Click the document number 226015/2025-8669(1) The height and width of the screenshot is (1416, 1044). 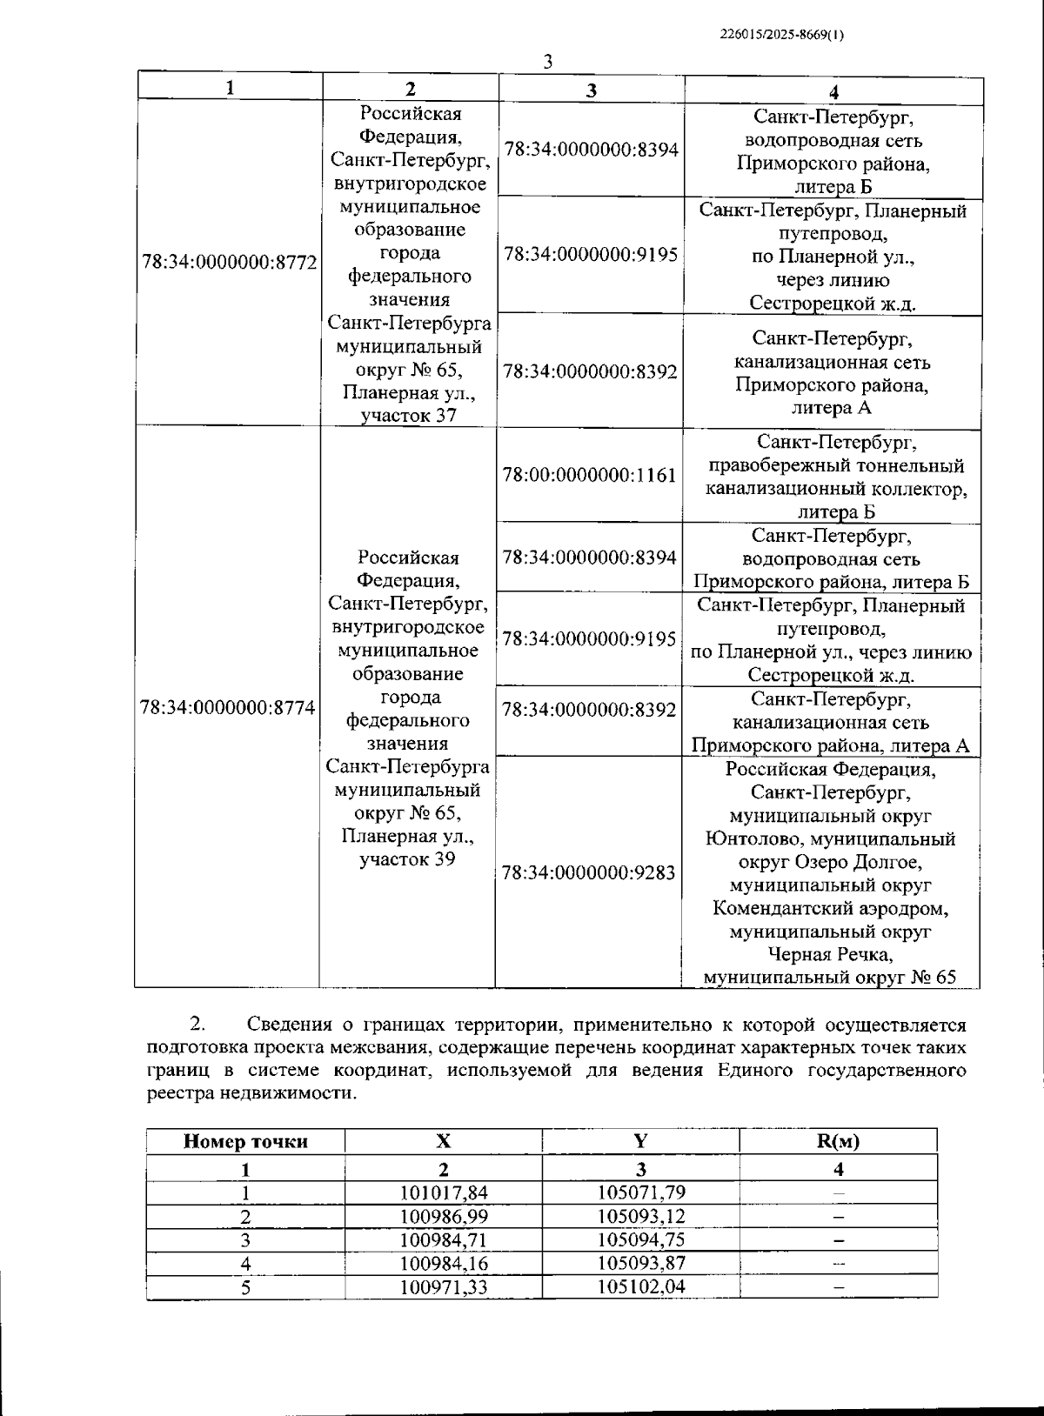782,36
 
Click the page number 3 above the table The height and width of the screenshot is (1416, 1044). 547,62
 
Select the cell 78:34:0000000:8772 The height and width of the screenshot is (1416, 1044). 229,263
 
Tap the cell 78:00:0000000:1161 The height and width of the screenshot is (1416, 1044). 589,476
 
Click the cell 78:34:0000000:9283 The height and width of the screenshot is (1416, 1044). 589,872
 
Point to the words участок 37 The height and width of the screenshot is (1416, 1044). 409,416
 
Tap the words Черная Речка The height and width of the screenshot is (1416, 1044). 830,955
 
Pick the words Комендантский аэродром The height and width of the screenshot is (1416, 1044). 830,909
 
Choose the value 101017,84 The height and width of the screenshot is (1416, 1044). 444,1192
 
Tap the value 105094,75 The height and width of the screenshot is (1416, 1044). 640,1239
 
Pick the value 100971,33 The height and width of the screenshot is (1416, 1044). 444,1286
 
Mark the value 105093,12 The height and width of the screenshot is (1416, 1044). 640,1216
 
